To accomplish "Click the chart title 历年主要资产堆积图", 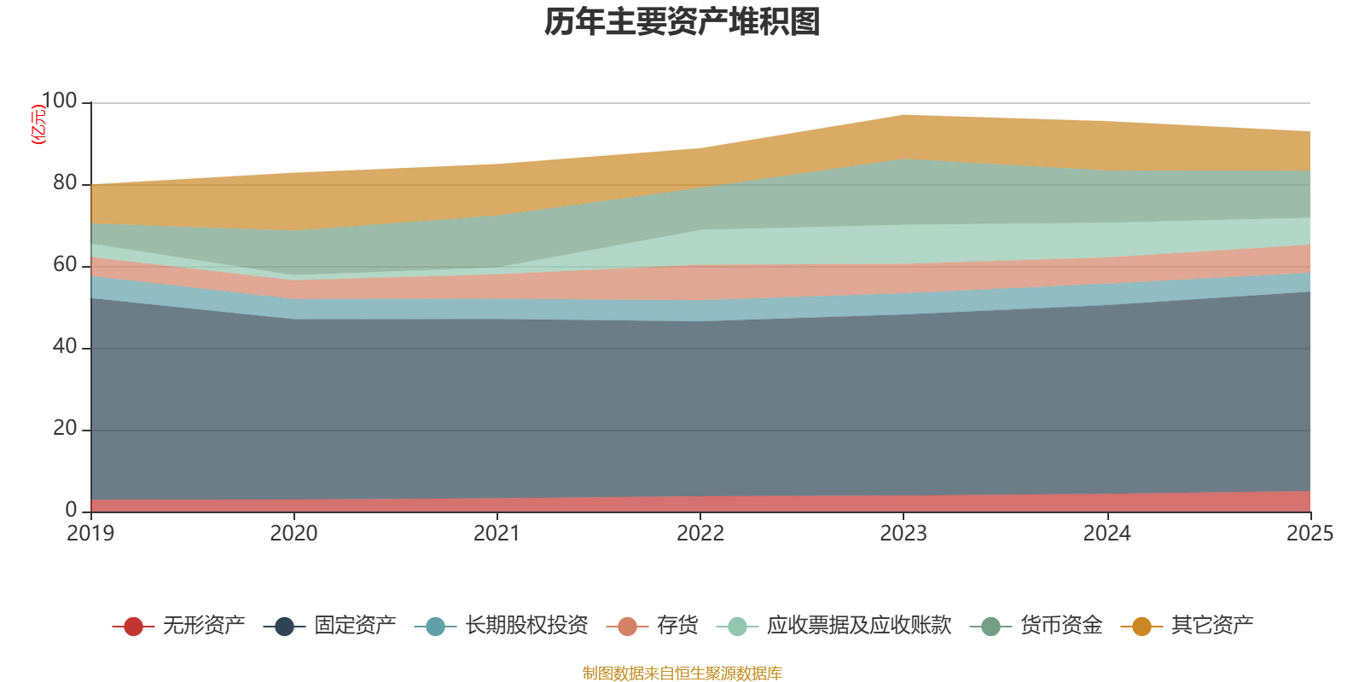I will (x=682, y=22).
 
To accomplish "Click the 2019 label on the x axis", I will (x=91, y=534).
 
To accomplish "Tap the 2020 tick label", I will (x=294, y=534).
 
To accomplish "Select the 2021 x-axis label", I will (x=497, y=534).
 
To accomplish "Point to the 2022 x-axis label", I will (x=700, y=534).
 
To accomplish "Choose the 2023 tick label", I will (x=903, y=534).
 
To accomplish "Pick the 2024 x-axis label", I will (x=1107, y=534).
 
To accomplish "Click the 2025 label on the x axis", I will (x=1310, y=534).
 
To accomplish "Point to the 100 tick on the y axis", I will (x=59, y=101).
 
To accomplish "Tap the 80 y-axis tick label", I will (x=65, y=183).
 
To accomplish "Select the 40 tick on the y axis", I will (x=65, y=347).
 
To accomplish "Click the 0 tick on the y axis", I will (x=71, y=510).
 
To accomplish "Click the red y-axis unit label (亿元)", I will (x=38, y=124).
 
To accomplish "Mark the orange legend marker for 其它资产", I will (x=1141, y=627).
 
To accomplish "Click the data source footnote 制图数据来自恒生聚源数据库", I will (x=682, y=673).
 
